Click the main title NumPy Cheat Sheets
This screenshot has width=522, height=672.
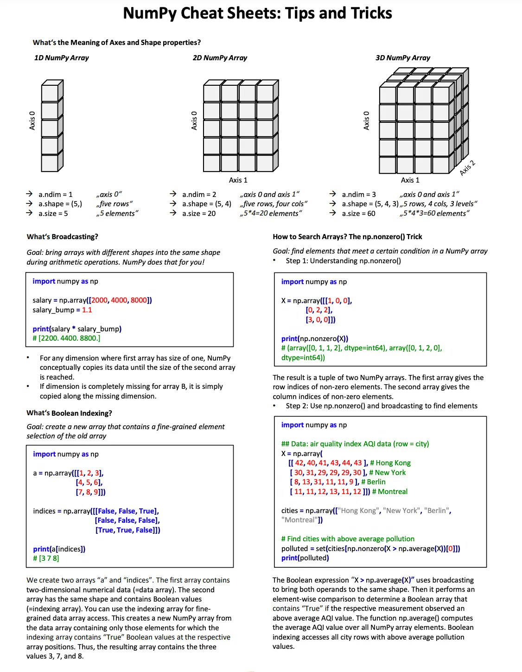click(257, 13)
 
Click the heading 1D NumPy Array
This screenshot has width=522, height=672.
click(61, 58)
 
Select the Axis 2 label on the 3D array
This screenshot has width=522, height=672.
click(467, 168)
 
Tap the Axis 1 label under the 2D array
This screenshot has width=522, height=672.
click(238, 180)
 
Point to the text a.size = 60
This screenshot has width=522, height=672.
click(358, 214)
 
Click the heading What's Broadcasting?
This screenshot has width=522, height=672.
click(62, 237)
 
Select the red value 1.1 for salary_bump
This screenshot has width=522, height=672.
click(87, 310)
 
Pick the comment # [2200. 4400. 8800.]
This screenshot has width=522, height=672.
click(66, 338)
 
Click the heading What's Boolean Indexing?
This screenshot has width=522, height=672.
click(69, 413)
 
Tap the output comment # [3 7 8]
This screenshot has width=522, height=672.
click(46, 558)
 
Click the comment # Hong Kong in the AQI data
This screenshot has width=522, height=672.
click(390, 463)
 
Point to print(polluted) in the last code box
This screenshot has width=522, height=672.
click(305, 558)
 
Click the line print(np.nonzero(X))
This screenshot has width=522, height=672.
click(314, 339)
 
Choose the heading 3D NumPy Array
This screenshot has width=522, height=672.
click(402, 58)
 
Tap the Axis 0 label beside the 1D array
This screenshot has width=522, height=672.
click(32, 120)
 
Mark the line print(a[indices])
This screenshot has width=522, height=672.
click(59, 549)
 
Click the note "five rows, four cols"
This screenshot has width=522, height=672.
click(274, 204)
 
